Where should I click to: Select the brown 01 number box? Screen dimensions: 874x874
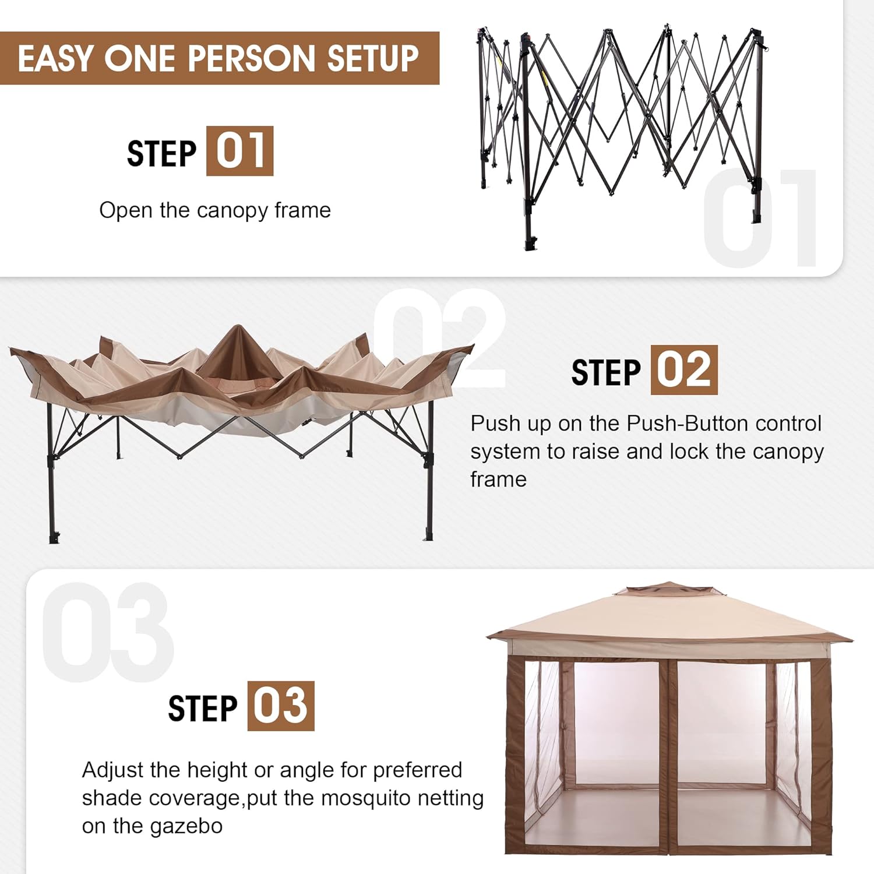[239, 151]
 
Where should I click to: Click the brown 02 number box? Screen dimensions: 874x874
[684, 370]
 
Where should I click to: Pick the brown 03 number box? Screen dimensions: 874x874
[281, 706]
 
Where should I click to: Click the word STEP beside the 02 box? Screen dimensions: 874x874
[606, 373]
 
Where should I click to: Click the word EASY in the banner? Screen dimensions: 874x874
[55, 58]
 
